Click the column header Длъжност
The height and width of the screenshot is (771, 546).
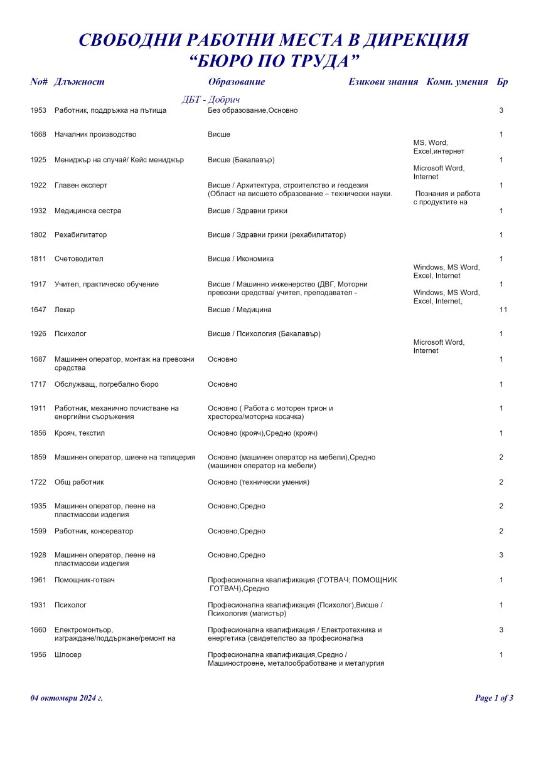click(x=79, y=82)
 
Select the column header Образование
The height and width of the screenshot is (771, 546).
click(x=236, y=82)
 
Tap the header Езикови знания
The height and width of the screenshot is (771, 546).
click(x=383, y=82)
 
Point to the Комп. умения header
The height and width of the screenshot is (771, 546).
click(x=457, y=82)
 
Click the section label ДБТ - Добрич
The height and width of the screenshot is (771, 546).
click(x=211, y=100)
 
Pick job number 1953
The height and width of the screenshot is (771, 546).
click(x=38, y=110)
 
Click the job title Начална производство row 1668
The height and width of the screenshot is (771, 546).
click(x=95, y=135)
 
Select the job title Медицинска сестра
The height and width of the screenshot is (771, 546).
click(x=88, y=211)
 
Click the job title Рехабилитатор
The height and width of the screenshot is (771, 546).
click(x=80, y=235)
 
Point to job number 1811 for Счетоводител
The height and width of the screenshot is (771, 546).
click(x=38, y=259)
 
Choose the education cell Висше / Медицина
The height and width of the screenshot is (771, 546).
click(x=239, y=310)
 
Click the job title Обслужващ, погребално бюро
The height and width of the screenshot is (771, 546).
click(x=106, y=384)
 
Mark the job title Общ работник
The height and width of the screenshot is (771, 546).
click(x=79, y=482)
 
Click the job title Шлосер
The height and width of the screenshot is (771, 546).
click(x=68, y=655)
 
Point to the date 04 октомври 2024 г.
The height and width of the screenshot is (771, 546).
click(x=67, y=698)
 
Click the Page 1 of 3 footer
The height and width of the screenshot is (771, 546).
click(x=494, y=698)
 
